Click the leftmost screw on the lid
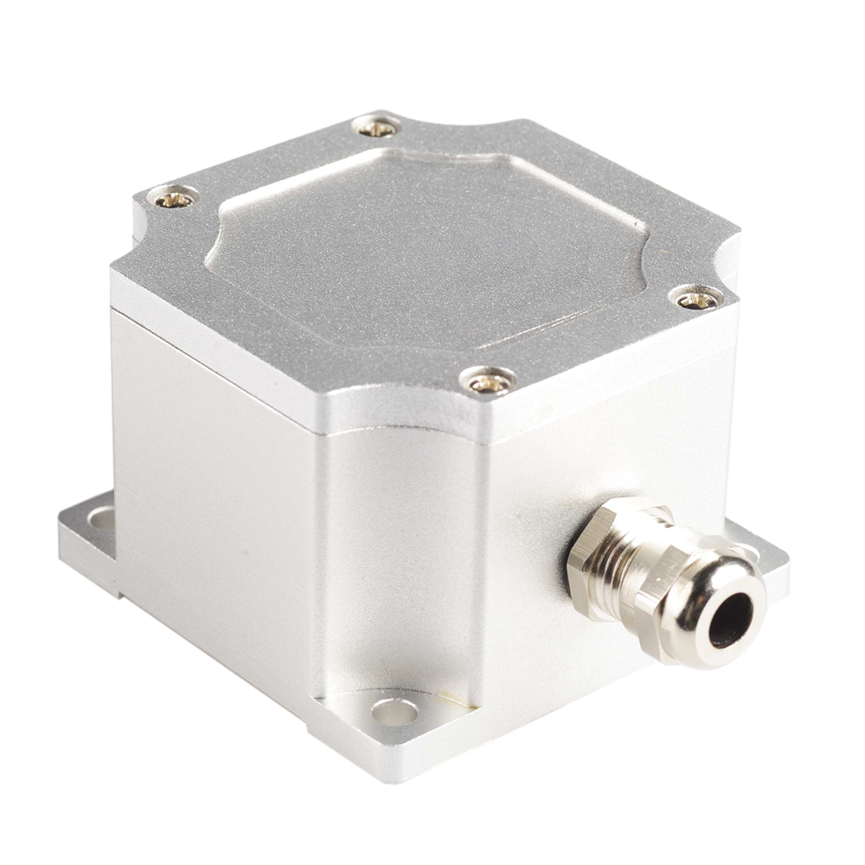click(174, 198)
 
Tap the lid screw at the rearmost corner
click(378, 128)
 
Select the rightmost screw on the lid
click(696, 299)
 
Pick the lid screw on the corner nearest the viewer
click(489, 379)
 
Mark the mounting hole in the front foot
click(394, 711)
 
